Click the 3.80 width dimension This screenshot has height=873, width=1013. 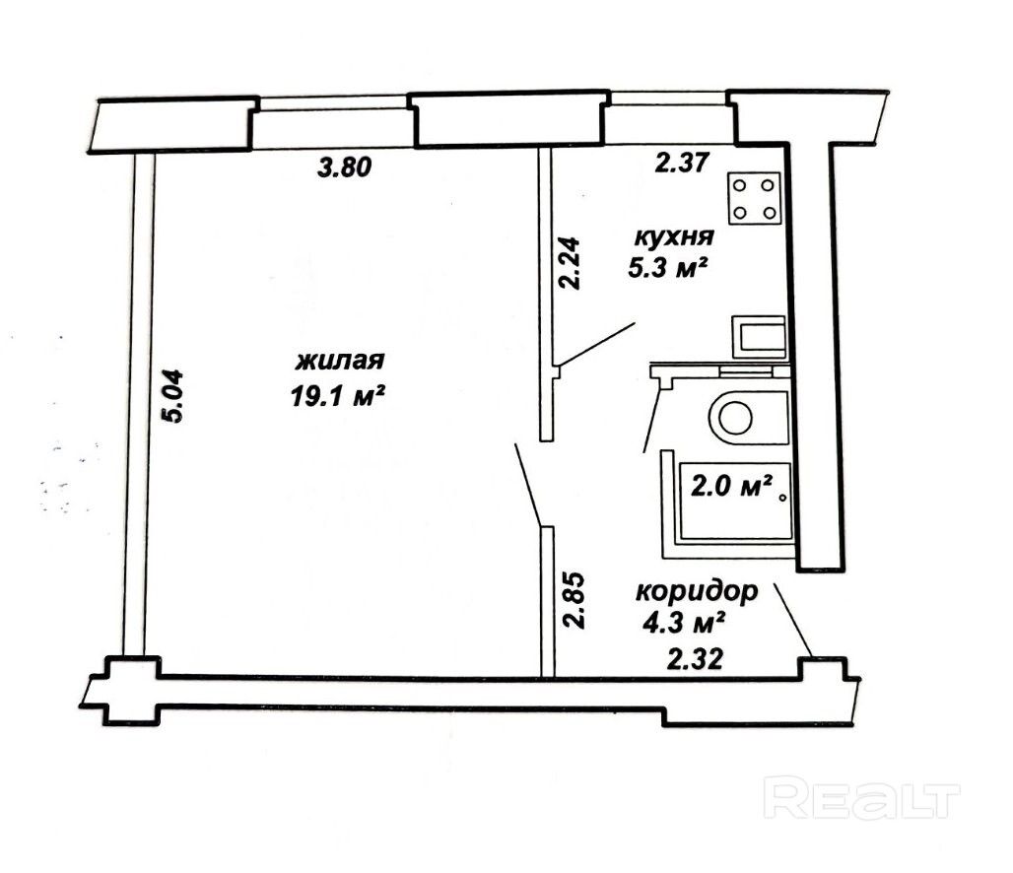click(345, 168)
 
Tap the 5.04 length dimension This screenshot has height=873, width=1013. click(173, 395)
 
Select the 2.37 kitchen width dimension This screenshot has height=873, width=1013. click(682, 163)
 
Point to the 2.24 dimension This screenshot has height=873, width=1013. click(570, 263)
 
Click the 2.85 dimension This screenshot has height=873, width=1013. click(574, 600)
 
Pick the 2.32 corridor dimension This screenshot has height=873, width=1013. click(695, 660)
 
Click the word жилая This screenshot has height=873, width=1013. click(340, 361)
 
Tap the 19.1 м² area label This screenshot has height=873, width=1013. click(338, 395)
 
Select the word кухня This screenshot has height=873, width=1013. click(674, 237)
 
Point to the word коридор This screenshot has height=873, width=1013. click(697, 591)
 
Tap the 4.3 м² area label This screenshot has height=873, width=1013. click(683, 623)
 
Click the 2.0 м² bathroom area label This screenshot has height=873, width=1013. click(732, 485)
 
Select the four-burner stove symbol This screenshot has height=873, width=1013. click(755, 198)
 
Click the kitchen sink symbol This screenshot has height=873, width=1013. click(759, 337)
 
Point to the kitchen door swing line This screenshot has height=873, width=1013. click(597, 344)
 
